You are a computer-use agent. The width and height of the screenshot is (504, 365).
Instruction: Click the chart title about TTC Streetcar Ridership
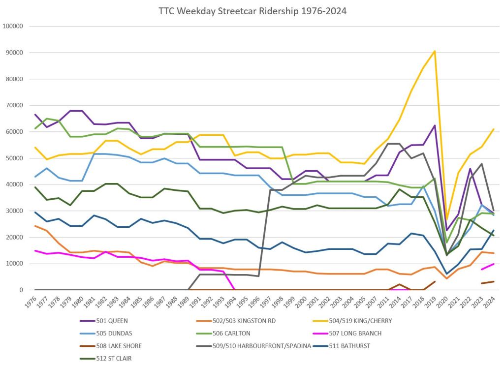(252, 11)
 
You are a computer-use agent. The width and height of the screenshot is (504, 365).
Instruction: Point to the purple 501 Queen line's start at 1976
(35, 115)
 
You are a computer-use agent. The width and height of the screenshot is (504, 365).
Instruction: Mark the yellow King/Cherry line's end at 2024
(494, 129)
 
